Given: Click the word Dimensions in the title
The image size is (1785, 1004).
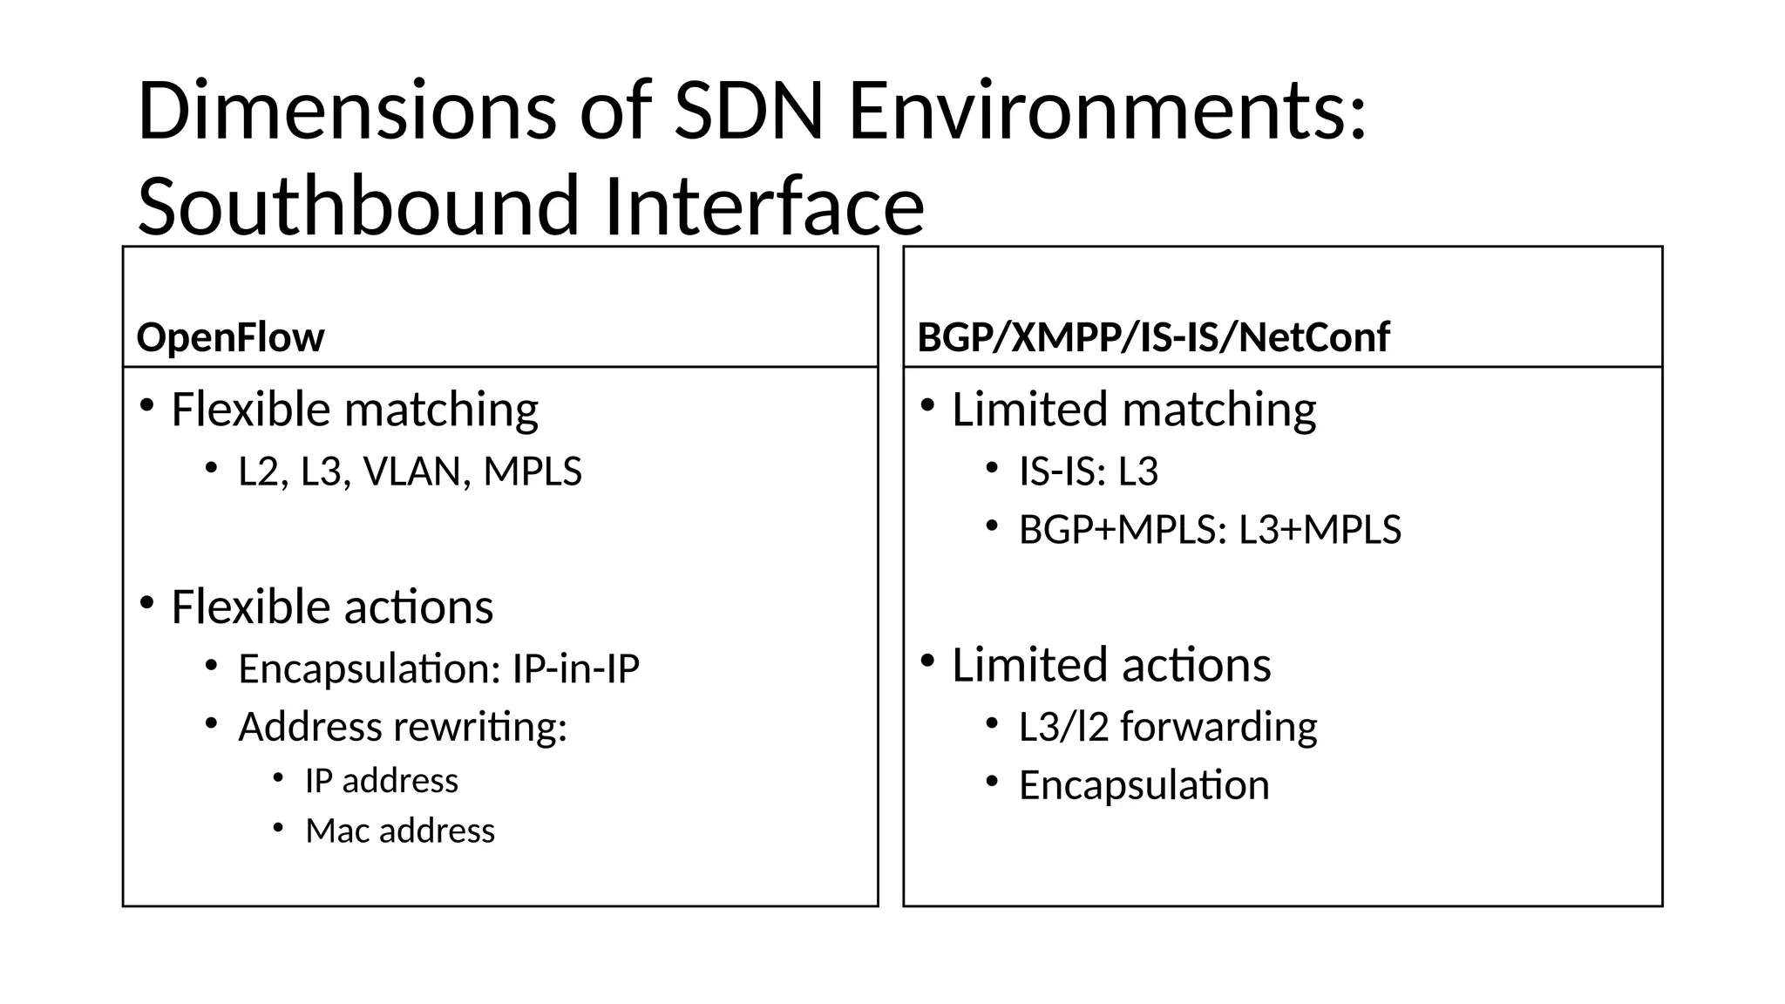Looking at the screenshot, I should pos(346,111).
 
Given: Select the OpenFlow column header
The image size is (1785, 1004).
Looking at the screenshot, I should pos(230,337).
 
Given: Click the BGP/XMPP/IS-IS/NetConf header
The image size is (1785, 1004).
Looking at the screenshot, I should pos(1153,337).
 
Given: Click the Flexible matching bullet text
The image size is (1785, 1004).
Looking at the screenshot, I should pos(355,410).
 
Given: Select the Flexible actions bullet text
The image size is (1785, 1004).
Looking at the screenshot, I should pos(332,607).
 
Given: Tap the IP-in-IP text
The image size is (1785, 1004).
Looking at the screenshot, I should pos(575,669).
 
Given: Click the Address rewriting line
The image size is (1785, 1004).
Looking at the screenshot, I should pos(402,727).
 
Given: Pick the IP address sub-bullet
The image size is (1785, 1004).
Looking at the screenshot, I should pos(381,781).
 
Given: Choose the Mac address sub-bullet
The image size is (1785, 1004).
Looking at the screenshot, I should pos(399,831).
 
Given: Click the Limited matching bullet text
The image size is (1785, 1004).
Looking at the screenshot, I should pos(1133,410).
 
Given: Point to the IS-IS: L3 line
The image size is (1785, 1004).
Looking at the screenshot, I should pos(1088,471).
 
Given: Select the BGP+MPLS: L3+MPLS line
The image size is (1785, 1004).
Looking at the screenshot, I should pos(1210,530).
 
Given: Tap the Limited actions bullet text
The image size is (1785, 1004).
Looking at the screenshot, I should pos(1110,665).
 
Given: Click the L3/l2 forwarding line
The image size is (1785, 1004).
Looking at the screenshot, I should pos(1167,727).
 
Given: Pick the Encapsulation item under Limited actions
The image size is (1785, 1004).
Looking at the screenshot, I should pos(1144,785).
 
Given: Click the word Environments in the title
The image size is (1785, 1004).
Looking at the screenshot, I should pos(1107,111).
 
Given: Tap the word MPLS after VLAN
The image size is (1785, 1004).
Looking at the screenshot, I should pos(533,471).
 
